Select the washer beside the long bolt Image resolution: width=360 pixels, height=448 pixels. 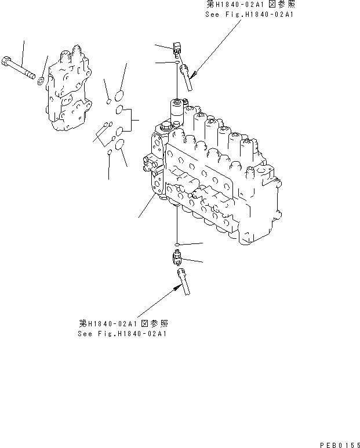41,79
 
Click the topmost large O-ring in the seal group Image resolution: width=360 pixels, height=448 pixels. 120,95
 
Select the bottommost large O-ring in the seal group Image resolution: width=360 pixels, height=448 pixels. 120,144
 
